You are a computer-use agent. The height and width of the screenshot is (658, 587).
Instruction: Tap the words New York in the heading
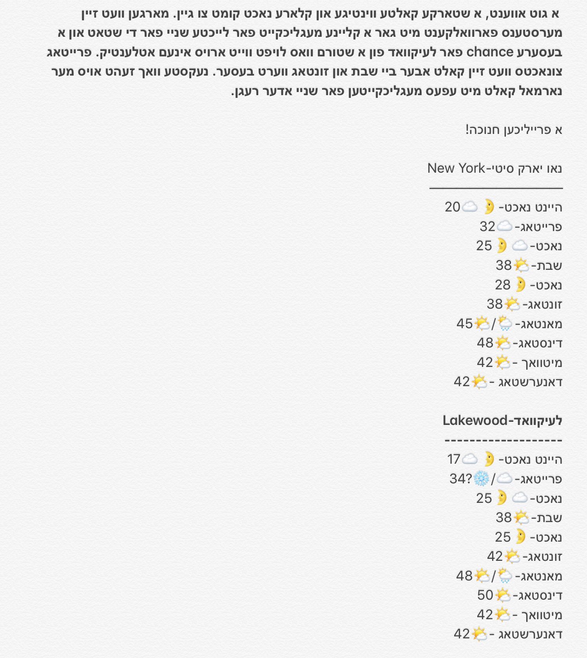(x=456, y=168)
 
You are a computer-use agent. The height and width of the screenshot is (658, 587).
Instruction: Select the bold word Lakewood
(x=475, y=421)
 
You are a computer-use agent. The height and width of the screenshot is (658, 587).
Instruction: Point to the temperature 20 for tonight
(x=453, y=207)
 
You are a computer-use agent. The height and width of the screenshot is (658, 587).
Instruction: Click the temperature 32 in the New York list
(x=487, y=226)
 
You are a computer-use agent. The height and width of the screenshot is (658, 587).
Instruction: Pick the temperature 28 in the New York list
(x=503, y=285)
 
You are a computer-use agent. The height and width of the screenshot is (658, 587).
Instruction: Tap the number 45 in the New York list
(x=464, y=324)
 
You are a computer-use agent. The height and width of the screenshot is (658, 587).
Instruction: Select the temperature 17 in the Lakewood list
(x=453, y=459)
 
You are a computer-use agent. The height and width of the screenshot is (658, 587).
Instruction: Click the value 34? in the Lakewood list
(x=460, y=479)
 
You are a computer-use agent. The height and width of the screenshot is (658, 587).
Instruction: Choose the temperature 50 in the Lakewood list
(x=485, y=595)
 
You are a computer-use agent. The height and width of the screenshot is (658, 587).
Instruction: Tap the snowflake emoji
(x=482, y=479)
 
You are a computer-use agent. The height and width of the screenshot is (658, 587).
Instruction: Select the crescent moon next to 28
(x=520, y=284)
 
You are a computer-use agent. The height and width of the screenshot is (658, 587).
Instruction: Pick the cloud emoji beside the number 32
(x=504, y=226)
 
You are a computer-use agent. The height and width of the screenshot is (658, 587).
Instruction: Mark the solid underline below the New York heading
(x=496, y=188)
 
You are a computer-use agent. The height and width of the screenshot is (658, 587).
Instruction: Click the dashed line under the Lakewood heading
(x=503, y=441)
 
